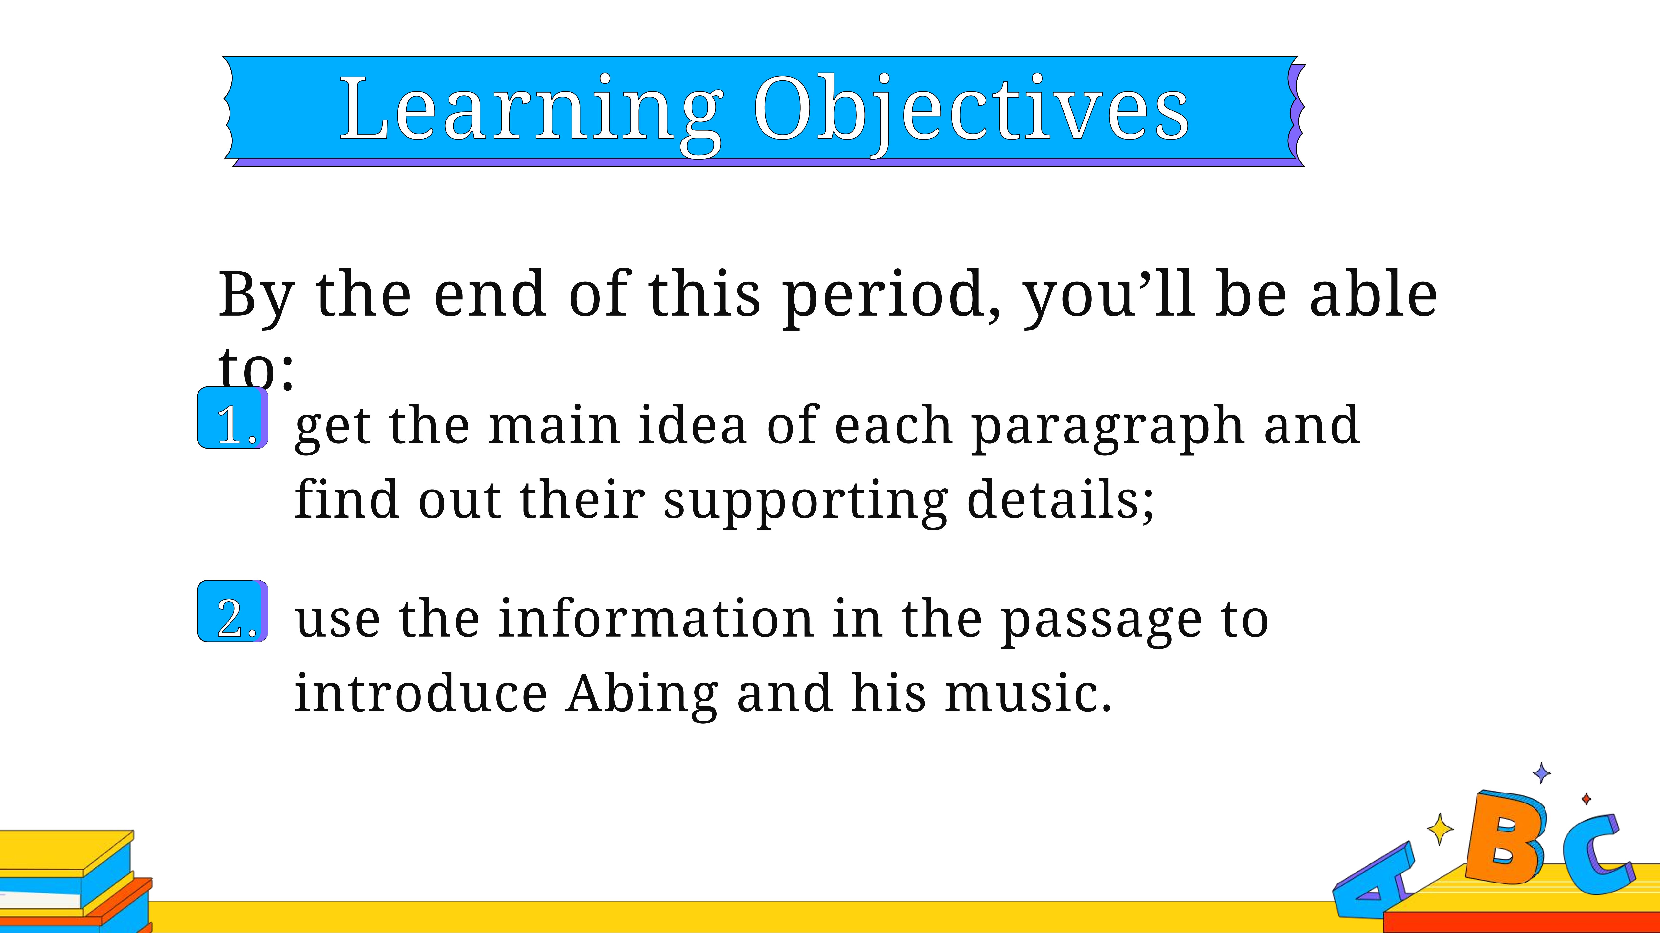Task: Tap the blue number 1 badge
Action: tap(233, 418)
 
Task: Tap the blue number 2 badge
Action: tap(233, 611)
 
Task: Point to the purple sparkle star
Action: tap(1541, 773)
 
